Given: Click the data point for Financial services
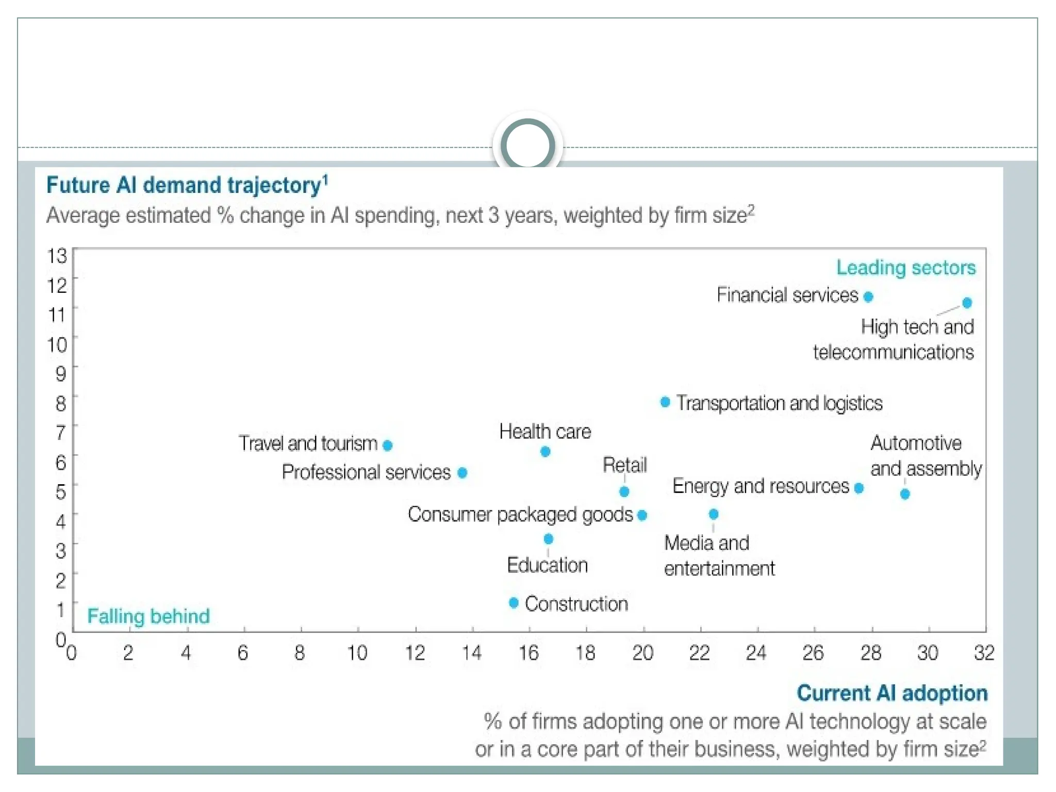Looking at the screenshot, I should pos(868,296).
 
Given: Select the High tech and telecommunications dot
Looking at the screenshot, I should pos(967,303).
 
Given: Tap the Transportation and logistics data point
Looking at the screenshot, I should pos(665,402).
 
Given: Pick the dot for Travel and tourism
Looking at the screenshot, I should pos(388,445).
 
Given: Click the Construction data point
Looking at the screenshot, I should pos(514,602).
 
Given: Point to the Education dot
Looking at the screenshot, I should pos(549,539).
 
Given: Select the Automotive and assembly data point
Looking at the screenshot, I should pos(905,494).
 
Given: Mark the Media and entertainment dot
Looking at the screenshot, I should pos(714,514).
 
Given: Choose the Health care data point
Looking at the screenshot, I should pos(545,452).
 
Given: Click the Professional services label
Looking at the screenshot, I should pos(366,472).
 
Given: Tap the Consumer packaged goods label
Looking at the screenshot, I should pos(520,515).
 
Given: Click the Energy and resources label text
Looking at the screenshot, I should pos(761,486).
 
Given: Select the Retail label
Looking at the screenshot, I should pos(624,465).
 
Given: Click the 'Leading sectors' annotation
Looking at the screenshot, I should pos(906,268).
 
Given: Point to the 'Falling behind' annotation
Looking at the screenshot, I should pos(148,616).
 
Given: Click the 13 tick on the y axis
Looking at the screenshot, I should pos(57,256).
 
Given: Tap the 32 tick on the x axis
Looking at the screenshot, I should pos(984,653).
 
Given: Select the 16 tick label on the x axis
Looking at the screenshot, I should pos(529,653).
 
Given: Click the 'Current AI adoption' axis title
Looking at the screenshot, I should pos(892,694).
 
